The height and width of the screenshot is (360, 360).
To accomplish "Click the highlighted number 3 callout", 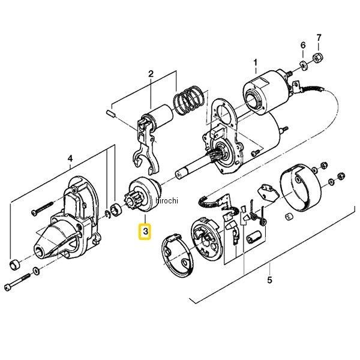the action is pos(145,231).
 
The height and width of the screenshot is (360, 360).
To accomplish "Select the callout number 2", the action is pos(151,74).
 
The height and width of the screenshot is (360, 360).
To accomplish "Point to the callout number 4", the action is pos(70,158).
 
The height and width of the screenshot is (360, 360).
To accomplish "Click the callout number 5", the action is pos(269,280).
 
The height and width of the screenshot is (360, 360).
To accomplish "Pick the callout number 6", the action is pos(303,45).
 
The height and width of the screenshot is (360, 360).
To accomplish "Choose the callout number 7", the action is pos(319,37).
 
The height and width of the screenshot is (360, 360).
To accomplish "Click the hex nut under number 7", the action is pos(318,58).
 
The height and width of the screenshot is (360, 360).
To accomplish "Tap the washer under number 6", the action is pos(304,65).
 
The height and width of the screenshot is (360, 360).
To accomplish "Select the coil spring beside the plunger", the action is pos(188,100).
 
